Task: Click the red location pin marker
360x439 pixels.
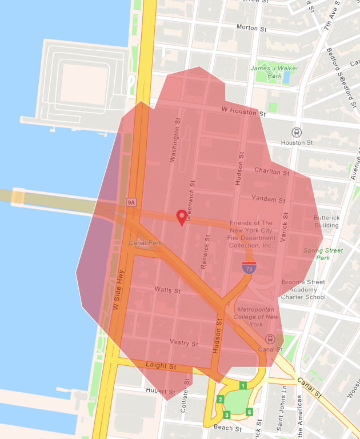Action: [x=182, y=217]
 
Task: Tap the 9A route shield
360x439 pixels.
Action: [x=131, y=202]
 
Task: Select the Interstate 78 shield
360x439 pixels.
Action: [x=249, y=266]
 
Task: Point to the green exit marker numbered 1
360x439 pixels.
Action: [x=243, y=386]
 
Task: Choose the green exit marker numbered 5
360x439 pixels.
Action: [x=249, y=412]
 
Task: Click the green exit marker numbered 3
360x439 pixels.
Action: [x=227, y=415]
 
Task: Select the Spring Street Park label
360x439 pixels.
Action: [x=323, y=254]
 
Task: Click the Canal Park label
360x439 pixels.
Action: [x=145, y=243]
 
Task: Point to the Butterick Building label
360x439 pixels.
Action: [x=326, y=221]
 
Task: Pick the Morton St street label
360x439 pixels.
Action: [x=247, y=27]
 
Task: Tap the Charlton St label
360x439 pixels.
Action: [x=267, y=171]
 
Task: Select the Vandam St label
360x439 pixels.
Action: [x=269, y=199]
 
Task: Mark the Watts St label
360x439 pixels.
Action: [x=167, y=290]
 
